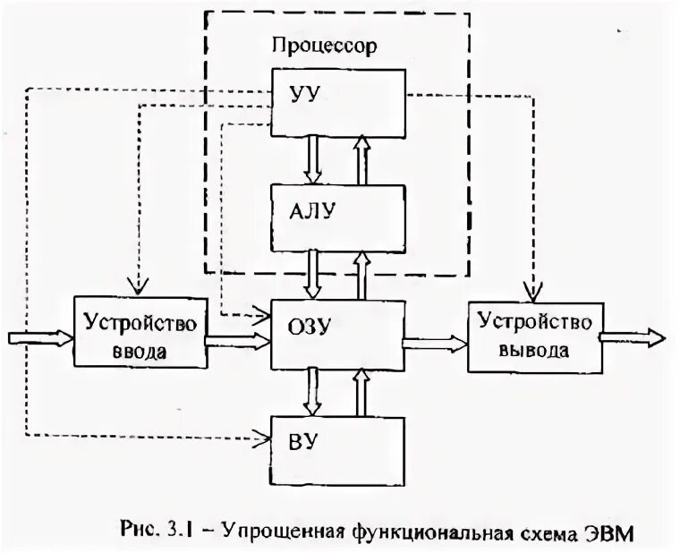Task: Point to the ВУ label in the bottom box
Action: (301, 439)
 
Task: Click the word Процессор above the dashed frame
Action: (324, 44)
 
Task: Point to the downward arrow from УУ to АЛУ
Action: (312, 157)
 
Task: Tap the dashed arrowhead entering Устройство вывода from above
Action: (533, 292)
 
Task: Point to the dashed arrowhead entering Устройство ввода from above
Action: (138, 286)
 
